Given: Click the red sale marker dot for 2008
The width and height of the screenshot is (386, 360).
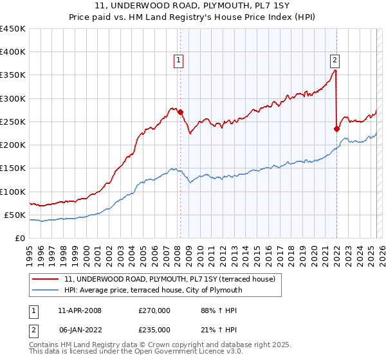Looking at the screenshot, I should (x=179, y=112).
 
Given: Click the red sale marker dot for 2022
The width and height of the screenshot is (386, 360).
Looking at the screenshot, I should (x=336, y=128).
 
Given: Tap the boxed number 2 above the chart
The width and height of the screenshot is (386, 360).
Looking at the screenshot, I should (x=335, y=61).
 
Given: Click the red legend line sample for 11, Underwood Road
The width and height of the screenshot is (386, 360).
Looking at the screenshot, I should (x=46, y=279).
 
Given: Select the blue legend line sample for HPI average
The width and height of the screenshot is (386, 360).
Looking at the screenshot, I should (x=46, y=290).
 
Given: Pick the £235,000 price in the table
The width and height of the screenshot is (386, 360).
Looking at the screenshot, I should (x=154, y=330).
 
